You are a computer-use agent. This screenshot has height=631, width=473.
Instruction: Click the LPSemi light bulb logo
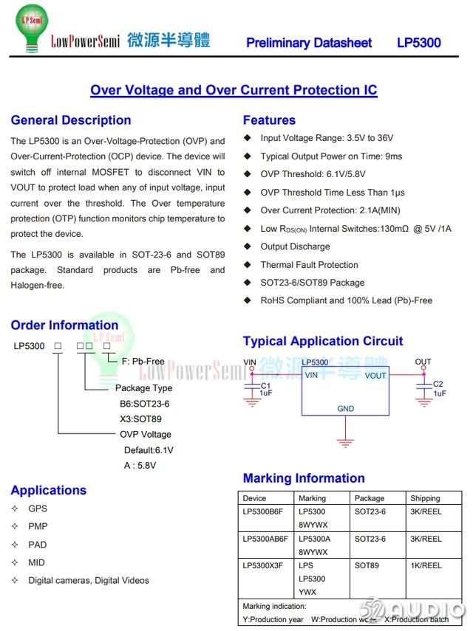(31, 27)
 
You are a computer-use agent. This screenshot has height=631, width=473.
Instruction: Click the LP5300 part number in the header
(418, 43)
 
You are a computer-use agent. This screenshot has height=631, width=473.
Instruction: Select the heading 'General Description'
(71, 120)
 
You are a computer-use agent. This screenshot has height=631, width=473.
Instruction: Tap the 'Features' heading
(269, 120)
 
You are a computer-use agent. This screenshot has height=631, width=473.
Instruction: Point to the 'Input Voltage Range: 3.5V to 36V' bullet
(327, 138)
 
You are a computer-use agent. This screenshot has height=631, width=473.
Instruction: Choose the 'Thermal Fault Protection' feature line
(309, 265)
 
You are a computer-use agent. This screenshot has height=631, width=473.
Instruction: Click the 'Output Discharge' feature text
(295, 246)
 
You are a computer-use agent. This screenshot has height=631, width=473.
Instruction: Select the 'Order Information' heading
(64, 325)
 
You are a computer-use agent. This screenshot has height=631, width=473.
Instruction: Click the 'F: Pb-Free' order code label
(137, 361)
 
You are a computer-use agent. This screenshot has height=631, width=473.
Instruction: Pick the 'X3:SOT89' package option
(140, 419)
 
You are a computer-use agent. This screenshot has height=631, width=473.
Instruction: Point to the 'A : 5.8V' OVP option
(140, 466)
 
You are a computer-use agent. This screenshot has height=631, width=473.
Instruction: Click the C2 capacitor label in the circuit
(438, 385)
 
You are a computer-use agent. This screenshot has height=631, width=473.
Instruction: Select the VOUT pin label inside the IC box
(375, 376)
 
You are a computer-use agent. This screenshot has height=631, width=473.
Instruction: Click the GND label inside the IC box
(345, 408)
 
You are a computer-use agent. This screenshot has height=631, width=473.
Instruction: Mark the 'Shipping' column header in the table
(425, 498)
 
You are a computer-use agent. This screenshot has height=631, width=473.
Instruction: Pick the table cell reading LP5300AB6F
(265, 539)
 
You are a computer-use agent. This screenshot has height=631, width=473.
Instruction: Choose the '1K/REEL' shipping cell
(426, 565)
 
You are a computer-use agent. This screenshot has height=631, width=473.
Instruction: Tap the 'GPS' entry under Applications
(38, 508)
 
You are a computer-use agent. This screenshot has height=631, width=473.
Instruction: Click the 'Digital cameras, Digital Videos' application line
(89, 580)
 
